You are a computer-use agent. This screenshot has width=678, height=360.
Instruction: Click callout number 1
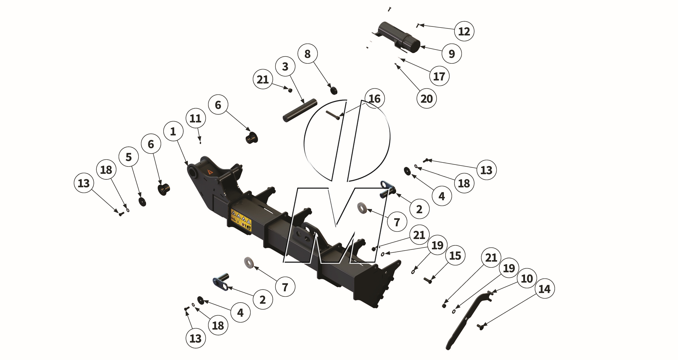tap(173, 131)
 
